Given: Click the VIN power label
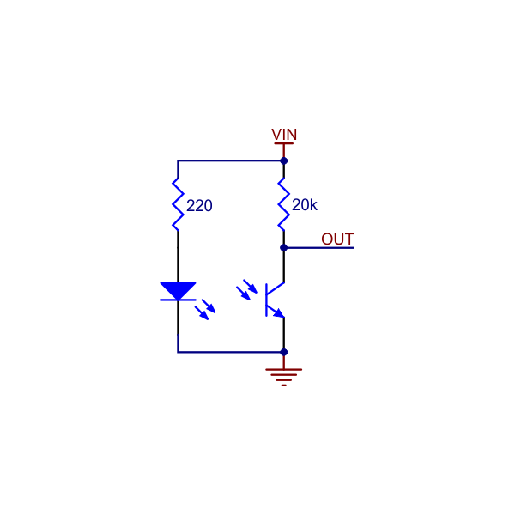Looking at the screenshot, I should (284, 135).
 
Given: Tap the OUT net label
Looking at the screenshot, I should (337, 239).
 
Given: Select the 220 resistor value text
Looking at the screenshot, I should (199, 206).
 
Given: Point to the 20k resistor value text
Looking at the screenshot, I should (305, 206).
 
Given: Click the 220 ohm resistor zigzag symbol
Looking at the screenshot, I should (178, 204).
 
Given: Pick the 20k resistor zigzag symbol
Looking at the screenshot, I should (283, 204).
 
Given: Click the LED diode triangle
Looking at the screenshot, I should (178, 291).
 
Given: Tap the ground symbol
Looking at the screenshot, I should (283, 374).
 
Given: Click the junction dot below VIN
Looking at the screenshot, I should (283, 161).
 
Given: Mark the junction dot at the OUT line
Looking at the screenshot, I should (283, 247).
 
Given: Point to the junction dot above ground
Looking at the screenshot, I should (283, 352).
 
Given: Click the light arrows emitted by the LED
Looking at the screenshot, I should (206, 309).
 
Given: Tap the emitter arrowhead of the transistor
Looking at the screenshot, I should (279, 312).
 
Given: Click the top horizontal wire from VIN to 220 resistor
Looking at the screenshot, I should (230, 161).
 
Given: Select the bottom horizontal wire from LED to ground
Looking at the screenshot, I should (230, 352).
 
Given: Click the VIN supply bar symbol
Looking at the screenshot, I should (283, 144).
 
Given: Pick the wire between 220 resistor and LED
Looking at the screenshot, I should (178, 257).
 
